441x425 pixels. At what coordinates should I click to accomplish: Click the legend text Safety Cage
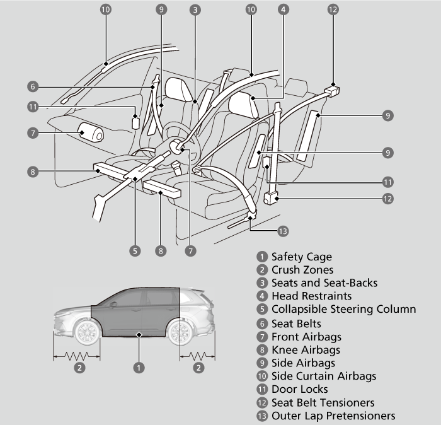click(301, 257)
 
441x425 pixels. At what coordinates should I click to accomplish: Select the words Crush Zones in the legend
click(302, 270)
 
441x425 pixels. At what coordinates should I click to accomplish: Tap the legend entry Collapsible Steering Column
click(343, 309)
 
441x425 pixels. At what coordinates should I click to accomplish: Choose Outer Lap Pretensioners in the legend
click(333, 416)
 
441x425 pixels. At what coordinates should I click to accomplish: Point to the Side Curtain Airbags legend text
click(324, 376)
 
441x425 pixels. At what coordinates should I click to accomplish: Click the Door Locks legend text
click(299, 389)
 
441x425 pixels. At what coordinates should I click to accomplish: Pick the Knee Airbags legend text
click(306, 349)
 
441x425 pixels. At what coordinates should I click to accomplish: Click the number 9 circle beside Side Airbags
click(261, 363)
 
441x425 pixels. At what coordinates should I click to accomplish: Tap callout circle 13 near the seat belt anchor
click(283, 231)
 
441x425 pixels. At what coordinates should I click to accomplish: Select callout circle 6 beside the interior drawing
click(33, 86)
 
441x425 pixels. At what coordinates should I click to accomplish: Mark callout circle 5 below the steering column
click(135, 250)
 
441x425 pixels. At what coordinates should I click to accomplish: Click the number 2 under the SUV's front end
click(79, 368)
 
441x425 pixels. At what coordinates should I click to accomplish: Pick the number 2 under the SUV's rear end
click(198, 368)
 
